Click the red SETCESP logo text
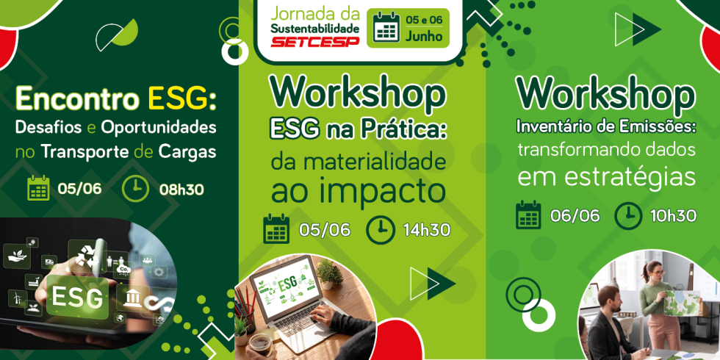[315, 42]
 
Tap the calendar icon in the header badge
[386, 27]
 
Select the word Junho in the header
[424, 36]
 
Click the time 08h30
[181, 190]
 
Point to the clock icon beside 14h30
[381, 229]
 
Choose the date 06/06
[575, 215]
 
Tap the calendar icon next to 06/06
[528, 215]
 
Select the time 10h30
[673, 215]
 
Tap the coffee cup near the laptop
[260, 345]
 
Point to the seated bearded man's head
[610, 300]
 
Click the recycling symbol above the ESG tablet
[87, 255]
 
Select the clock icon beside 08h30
[135, 189]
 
